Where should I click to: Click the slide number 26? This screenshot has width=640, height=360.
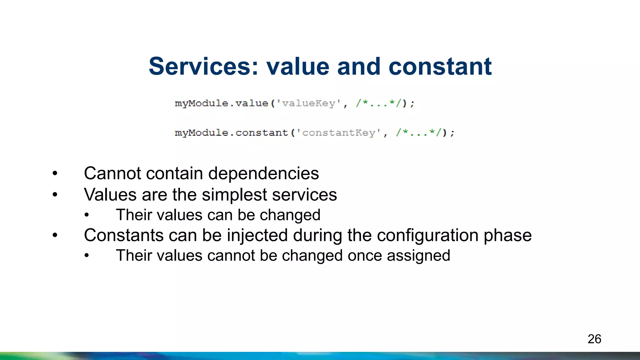tap(594, 339)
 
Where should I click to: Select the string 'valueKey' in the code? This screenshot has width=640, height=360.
tap(308, 103)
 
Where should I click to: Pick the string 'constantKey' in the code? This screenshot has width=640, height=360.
tap(338, 133)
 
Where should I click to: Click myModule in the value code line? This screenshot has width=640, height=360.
tap(202, 103)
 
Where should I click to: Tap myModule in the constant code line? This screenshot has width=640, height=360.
tap(202, 133)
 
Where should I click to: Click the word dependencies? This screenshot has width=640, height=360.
tap(263, 173)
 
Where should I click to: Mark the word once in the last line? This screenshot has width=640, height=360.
tap(365, 256)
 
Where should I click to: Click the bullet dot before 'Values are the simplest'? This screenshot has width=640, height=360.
tap(55, 195)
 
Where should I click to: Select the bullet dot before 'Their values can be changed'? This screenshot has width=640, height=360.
tap(87, 215)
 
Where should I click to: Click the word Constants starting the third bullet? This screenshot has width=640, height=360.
tap(124, 235)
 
